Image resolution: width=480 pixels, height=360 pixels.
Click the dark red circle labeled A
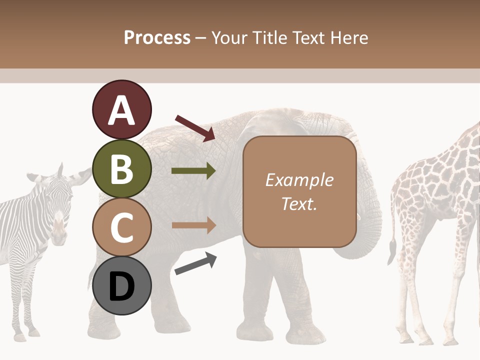(x=121, y=110)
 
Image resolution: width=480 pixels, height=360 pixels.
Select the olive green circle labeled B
(x=121, y=169)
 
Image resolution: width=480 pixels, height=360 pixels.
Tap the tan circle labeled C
(x=121, y=227)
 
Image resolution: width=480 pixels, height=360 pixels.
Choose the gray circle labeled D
(x=121, y=286)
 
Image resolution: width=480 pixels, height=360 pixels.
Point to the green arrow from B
(x=193, y=171)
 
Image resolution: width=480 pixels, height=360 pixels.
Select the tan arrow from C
(x=193, y=225)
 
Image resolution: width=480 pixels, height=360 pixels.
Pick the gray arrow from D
(x=195, y=263)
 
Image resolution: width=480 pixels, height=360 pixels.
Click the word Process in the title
(x=157, y=37)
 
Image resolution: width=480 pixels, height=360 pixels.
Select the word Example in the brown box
(x=299, y=180)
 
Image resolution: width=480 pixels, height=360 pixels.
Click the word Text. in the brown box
(x=299, y=204)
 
